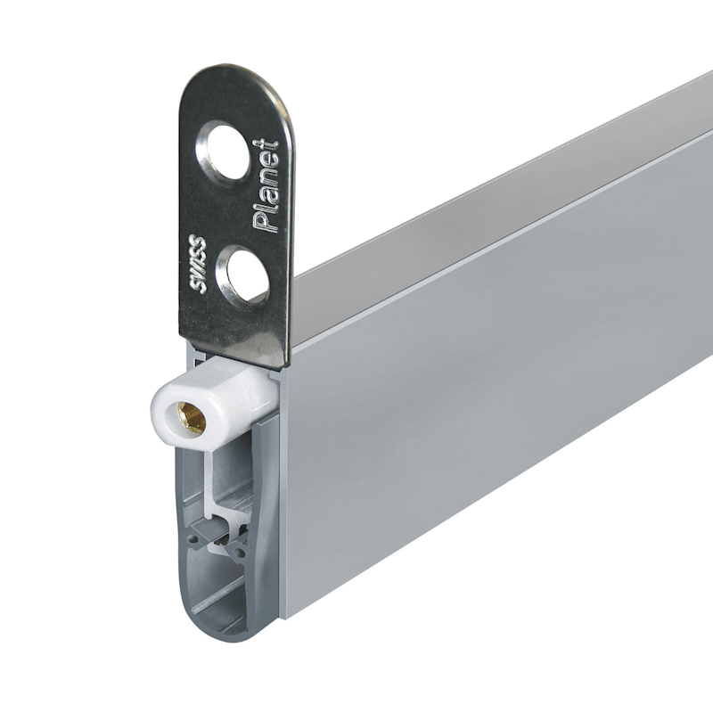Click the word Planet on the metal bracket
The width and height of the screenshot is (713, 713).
(266, 185)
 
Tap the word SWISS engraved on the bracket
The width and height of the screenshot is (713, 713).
(198, 263)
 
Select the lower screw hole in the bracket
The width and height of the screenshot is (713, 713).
(242, 275)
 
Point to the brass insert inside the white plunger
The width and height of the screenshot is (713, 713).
(191, 418)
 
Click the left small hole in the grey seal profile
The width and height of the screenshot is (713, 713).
(193, 539)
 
